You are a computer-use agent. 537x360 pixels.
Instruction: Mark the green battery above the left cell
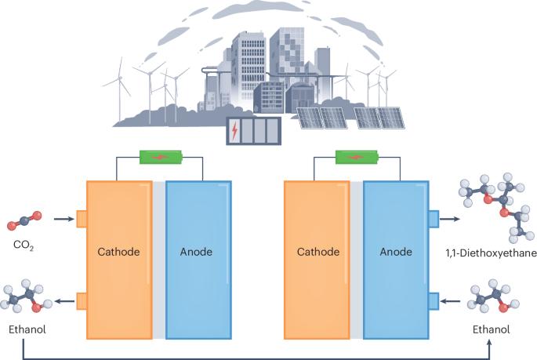pos(160,158)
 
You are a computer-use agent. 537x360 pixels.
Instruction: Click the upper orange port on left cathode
pos(81,218)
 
